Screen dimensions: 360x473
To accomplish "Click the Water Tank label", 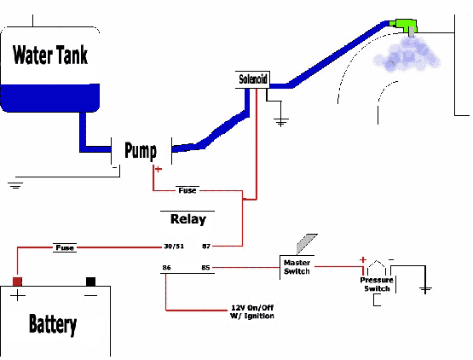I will click(x=49, y=55).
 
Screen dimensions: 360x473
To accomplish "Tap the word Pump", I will click(x=141, y=151).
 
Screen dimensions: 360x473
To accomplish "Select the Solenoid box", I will click(x=253, y=80).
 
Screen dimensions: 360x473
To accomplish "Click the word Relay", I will click(x=187, y=218).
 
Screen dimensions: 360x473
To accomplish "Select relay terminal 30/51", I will click(x=174, y=247).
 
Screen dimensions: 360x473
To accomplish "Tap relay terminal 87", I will click(x=205, y=247).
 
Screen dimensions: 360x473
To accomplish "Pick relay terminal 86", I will click(x=165, y=269).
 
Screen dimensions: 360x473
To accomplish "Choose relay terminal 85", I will click(x=205, y=269).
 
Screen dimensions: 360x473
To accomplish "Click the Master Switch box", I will click(x=297, y=267).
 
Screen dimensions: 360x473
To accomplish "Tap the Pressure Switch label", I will click(x=375, y=284).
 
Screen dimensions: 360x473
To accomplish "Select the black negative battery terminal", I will click(x=89, y=282).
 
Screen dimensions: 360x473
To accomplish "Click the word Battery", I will click(x=53, y=324).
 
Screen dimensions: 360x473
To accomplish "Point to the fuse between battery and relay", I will click(x=65, y=247).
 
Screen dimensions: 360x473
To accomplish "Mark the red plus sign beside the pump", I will click(x=157, y=169).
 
